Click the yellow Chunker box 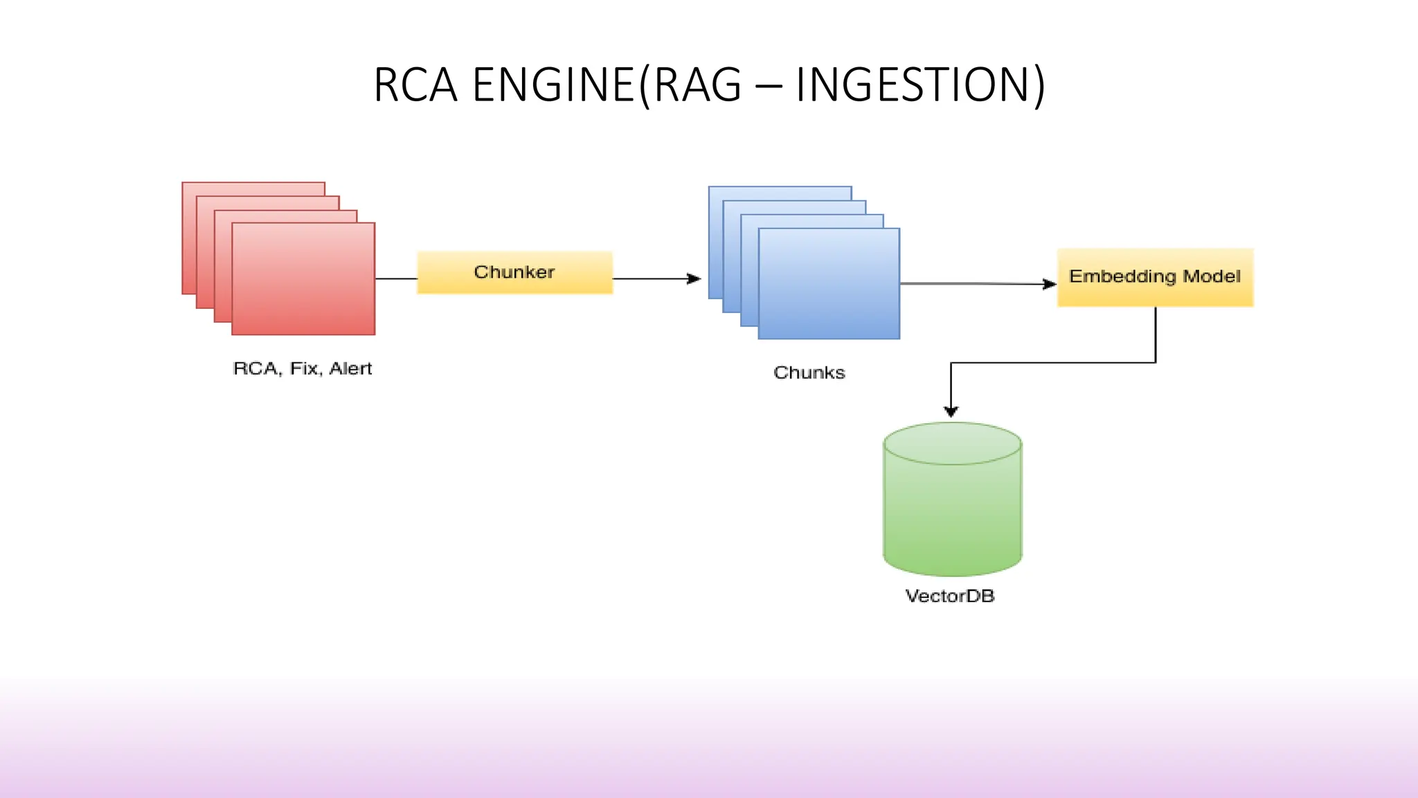pyautogui.click(x=514, y=272)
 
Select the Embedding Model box pyautogui.click(x=1155, y=277)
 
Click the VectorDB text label pyautogui.click(x=949, y=596)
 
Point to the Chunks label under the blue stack pyautogui.click(x=809, y=373)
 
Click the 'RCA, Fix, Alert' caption pyautogui.click(x=302, y=369)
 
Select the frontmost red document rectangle pyautogui.click(x=303, y=279)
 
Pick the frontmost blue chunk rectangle pyautogui.click(x=829, y=284)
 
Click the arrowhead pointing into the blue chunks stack pyautogui.click(x=694, y=278)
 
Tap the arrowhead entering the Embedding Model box pyautogui.click(x=1050, y=284)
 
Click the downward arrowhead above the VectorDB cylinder pyautogui.click(x=951, y=411)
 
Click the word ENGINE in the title pyautogui.click(x=553, y=85)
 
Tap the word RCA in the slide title pyautogui.click(x=415, y=85)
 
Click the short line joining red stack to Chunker pyautogui.click(x=396, y=278)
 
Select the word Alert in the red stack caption pyautogui.click(x=350, y=369)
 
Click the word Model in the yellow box pyautogui.click(x=1212, y=276)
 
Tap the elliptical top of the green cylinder pyautogui.click(x=952, y=443)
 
